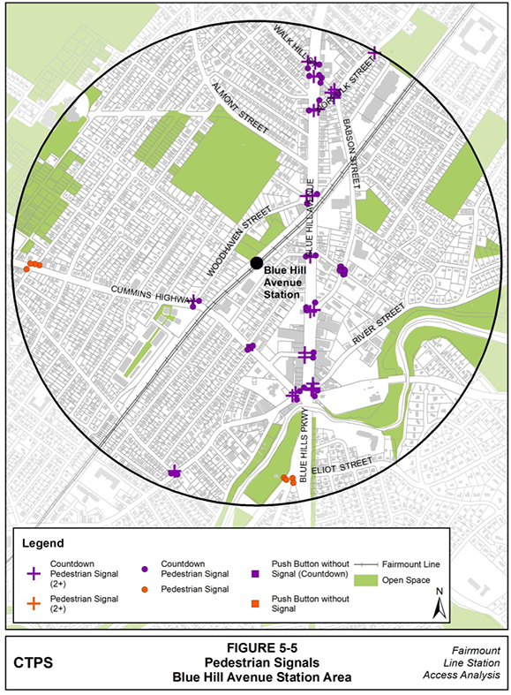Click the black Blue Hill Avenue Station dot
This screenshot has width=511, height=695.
[256, 262]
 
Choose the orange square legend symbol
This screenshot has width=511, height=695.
[256, 604]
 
